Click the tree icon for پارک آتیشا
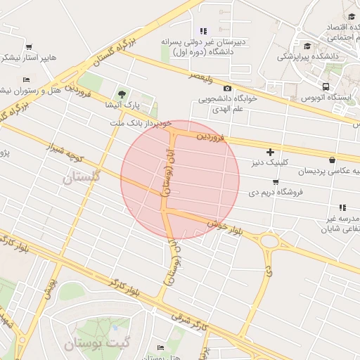[x=123, y=94]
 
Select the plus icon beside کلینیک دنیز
[x=270, y=152]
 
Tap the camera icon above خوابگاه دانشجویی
[x=227, y=88]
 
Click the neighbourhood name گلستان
[x=82, y=177]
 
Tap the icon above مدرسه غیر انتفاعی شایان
[x=342, y=207]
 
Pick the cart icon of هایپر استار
[x=29, y=47]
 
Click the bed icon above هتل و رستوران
[x=26, y=79]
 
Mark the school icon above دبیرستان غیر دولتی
[x=203, y=31]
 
